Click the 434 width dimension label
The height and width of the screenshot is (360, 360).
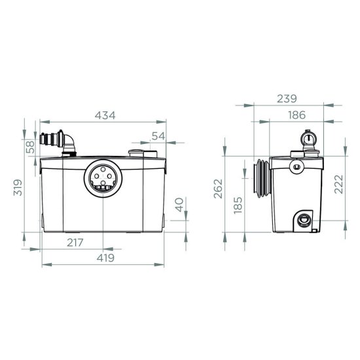pyautogui.click(x=105, y=115)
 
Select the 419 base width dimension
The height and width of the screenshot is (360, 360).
pyautogui.click(x=105, y=258)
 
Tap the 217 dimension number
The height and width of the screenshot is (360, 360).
pyautogui.click(x=75, y=242)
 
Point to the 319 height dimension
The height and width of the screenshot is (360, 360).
pyautogui.click(x=18, y=187)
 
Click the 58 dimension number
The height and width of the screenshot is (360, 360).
pyautogui.click(x=30, y=147)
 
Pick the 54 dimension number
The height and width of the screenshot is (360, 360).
pyautogui.click(x=158, y=136)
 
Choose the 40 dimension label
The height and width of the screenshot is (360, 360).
pyautogui.click(x=179, y=205)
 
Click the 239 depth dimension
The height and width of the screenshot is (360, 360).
pyautogui.click(x=287, y=99)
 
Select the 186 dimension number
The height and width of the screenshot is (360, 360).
pyautogui.click(x=297, y=115)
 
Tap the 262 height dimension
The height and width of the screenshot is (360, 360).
pyautogui.click(x=218, y=189)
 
